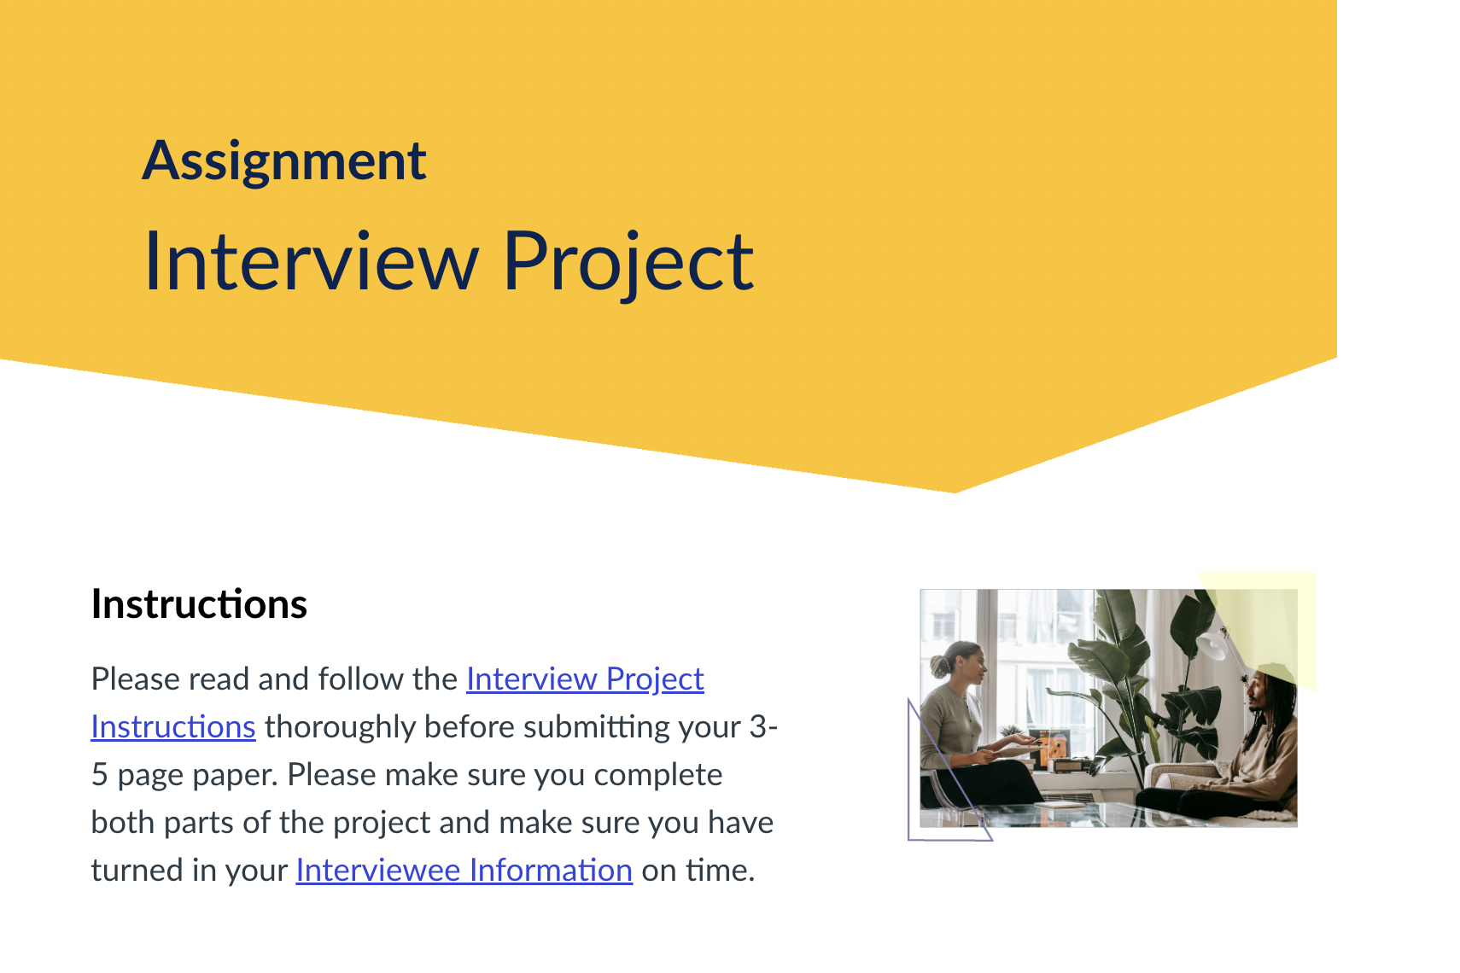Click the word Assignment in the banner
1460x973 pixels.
[284, 162]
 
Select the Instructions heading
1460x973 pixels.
[199, 604]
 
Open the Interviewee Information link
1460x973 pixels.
[464, 870]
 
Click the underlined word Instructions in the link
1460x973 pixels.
[173, 726]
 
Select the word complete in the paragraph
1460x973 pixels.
[657, 776]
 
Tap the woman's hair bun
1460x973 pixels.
[940, 666]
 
